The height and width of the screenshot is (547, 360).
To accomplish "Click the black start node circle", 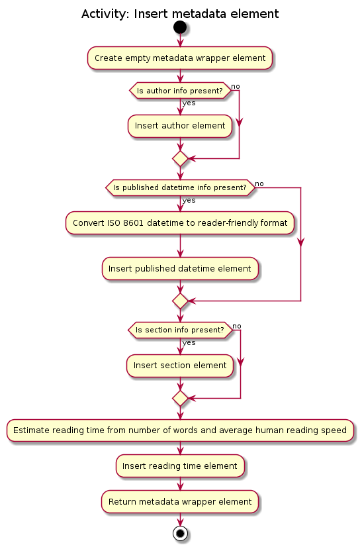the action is tap(180, 27).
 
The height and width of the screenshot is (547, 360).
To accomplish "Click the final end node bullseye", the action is tap(180, 533).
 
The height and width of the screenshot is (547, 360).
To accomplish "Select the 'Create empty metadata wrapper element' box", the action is tap(180, 58).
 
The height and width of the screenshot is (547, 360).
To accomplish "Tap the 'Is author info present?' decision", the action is tap(180, 91).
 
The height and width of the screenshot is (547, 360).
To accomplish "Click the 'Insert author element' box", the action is tap(180, 126).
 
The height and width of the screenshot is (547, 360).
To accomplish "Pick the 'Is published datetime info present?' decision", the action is tap(180, 187).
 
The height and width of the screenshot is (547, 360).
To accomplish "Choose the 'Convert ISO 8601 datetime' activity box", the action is tap(180, 223).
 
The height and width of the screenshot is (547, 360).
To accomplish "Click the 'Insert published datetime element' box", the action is tap(180, 269).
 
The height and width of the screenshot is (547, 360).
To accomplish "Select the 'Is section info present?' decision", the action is tap(180, 330).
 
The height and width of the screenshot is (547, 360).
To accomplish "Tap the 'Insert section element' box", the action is tap(180, 366).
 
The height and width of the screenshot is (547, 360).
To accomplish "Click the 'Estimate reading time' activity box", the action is tap(180, 430).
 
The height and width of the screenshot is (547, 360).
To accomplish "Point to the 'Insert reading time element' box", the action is tap(180, 466).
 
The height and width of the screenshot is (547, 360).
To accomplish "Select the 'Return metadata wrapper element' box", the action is tap(180, 502).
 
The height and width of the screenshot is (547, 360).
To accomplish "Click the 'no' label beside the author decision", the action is tap(236, 87).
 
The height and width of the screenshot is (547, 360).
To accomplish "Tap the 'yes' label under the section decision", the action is tap(189, 343).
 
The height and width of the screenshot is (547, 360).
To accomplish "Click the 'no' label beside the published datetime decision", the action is tap(259, 184).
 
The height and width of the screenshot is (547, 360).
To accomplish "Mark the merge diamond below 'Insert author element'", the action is tap(180, 159).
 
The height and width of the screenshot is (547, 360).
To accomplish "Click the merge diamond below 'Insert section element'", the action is tap(180, 399).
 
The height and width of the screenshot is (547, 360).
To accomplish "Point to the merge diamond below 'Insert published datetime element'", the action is tap(180, 301).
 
